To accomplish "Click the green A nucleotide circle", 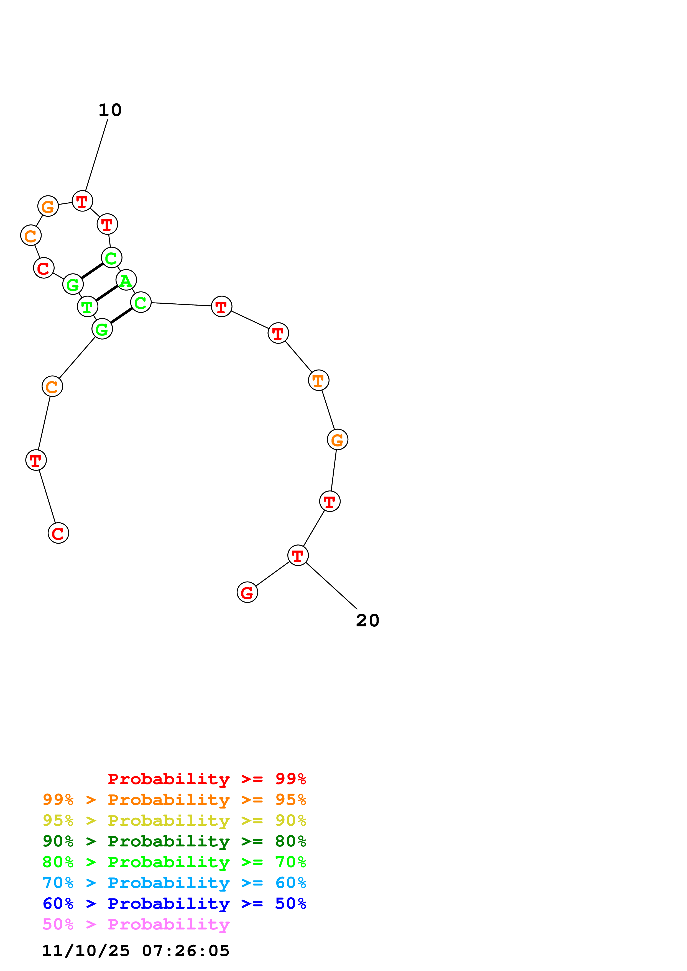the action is click(126, 280).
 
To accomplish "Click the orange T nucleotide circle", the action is click(318, 381).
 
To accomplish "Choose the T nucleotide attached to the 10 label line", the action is click(82, 201).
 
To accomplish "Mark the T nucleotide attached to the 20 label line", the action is click(298, 555).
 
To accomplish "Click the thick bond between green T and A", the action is click(107, 293).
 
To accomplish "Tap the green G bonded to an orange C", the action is click(102, 329).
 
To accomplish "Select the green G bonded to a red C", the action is click(73, 284).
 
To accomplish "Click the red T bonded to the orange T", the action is click(278, 334).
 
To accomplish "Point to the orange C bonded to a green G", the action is click(52, 386).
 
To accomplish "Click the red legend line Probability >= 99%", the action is click(206, 779).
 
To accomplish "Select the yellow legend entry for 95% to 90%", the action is click(174, 821).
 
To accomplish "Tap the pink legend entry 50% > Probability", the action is click(136, 924).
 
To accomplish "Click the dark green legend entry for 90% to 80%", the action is click(174, 841).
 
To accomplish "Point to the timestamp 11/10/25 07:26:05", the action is click(136, 951).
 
